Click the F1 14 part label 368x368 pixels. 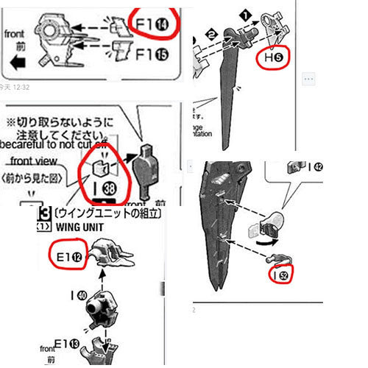[x=154, y=23]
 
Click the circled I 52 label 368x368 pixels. [x=283, y=275]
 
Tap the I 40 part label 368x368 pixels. [x=78, y=296]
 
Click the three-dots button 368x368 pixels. [x=309, y=77]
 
